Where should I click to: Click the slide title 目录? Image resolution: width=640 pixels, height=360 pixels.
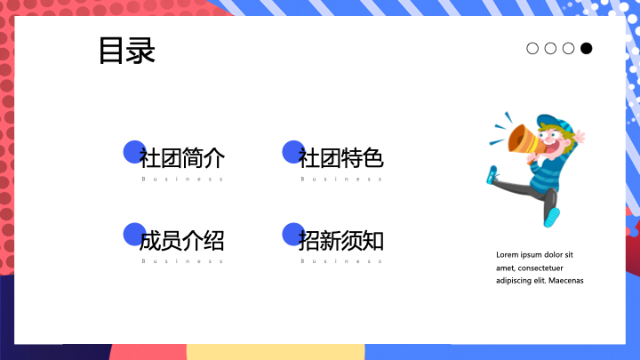point(127,50)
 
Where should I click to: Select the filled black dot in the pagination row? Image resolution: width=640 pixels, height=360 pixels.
point(586,48)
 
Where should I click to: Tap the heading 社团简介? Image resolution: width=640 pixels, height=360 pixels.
point(182,158)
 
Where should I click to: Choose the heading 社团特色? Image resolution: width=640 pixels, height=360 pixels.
point(340,158)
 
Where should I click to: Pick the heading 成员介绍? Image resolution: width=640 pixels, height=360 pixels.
point(182,240)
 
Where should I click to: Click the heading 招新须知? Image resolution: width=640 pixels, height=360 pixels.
point(340,240)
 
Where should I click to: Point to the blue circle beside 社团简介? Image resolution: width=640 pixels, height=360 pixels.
point(134,152)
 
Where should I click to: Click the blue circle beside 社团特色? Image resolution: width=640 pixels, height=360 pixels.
point(293,152)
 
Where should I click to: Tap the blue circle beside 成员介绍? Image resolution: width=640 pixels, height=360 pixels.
point(134,235)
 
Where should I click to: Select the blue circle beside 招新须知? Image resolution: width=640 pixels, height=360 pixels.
point(293,235)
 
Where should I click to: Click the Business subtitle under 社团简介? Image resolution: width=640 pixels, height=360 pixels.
point(182,179)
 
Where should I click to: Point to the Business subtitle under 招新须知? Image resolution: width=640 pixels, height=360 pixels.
point(341,260)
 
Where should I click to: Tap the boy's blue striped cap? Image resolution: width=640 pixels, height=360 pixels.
point(556,124)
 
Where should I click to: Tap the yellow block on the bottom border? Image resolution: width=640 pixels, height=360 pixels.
point(276,352)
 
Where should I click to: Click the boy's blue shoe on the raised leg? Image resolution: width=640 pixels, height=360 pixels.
point(492,175)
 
